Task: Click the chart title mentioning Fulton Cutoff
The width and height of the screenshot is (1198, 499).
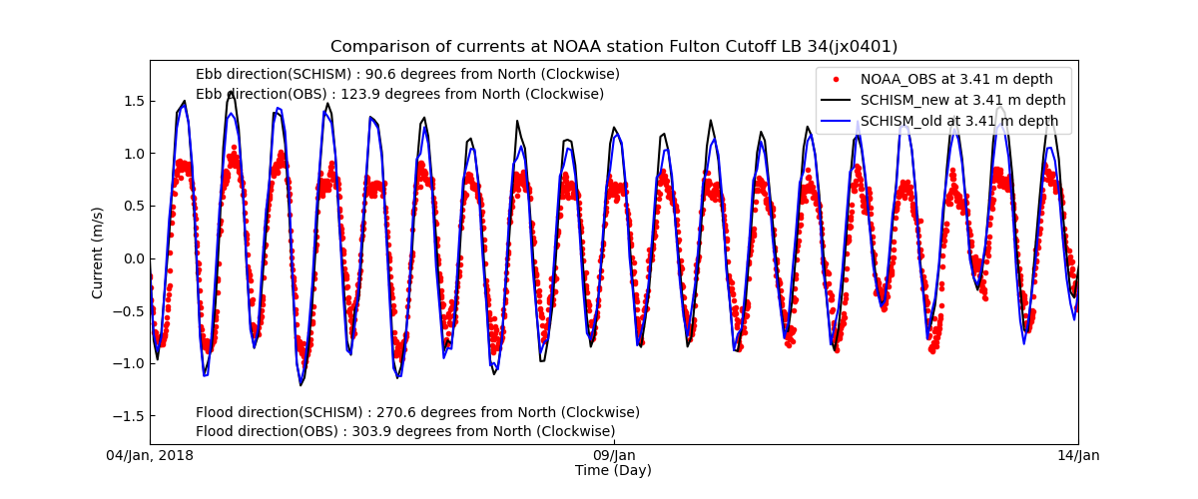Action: [614, 47]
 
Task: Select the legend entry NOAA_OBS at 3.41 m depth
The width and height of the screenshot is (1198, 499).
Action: [956, 80]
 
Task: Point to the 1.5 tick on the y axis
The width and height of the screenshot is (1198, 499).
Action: [132, 101]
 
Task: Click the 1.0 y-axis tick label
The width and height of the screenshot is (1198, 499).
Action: [132, 154]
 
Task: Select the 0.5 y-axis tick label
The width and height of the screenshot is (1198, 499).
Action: [132, 207]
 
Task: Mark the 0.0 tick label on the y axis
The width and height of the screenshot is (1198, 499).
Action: [132, 258]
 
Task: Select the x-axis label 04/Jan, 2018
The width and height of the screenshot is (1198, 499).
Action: [151, 456]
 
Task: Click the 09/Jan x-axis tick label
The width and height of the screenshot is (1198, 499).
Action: [614, 456]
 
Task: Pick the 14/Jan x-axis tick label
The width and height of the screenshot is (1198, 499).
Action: [1078, 456]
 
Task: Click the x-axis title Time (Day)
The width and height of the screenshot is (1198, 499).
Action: [613, 471]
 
